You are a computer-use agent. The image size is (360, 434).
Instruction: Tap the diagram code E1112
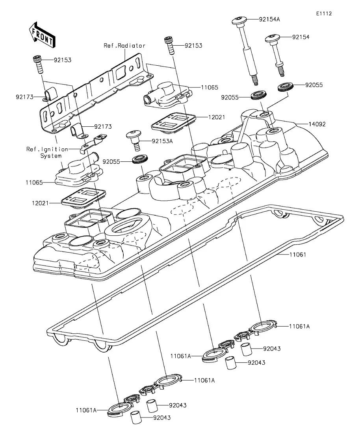(324, 13)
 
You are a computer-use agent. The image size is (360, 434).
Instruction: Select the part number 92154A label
(269, 19)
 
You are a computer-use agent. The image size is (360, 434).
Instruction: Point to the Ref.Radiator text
(124, 46)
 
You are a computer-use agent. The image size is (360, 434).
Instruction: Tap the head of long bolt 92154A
(239, 20)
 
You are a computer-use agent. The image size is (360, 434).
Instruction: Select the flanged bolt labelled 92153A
(135, 140)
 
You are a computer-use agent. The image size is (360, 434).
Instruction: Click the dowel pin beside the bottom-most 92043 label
(136, 417)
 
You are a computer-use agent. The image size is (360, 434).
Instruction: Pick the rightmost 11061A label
(299, 327)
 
